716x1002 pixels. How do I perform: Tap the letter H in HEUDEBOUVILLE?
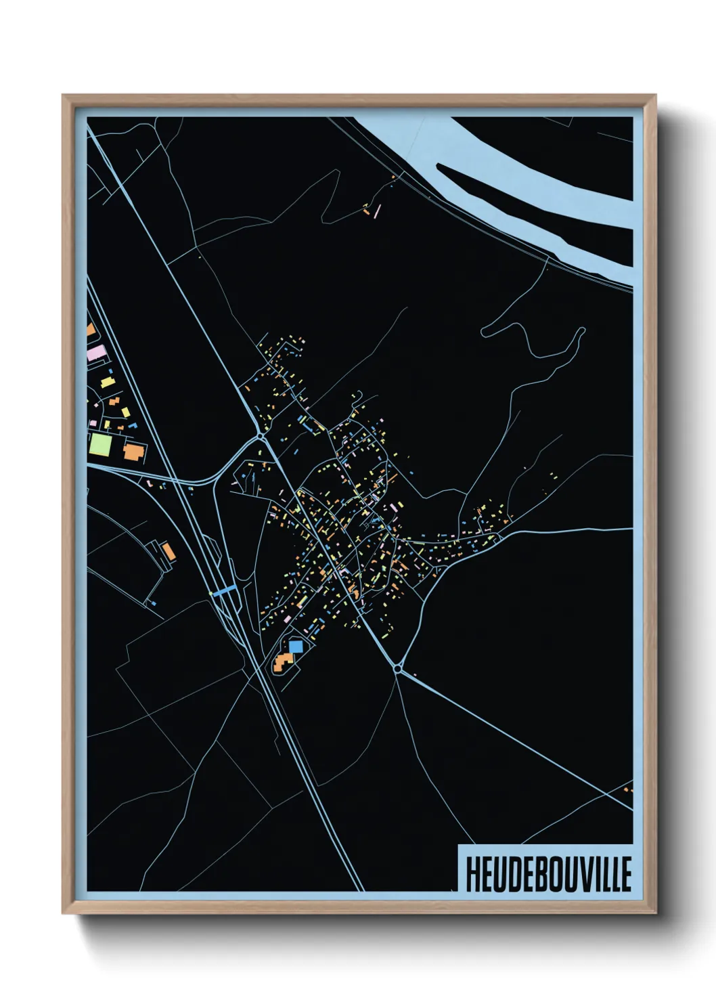[x=472, y=874]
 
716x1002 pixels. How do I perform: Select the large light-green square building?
[x=100, y=445]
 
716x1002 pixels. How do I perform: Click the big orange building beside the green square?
[x=134, y=452]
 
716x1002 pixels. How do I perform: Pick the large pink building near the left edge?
[x=97, y=353]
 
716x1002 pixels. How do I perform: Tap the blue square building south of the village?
[x=296, y=646]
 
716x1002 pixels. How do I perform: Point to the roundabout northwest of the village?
[x=261, y=437]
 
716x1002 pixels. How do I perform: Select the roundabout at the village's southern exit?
[x=398, y=669]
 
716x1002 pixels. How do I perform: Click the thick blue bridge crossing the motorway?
[x=224, y=590]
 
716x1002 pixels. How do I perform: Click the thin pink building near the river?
[x=377, y=211]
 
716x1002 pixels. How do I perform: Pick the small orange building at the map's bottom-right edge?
[x=627, y=789]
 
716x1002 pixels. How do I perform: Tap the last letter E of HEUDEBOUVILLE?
[x=626, y=874]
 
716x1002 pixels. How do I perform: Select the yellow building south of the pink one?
[x=107, y=383]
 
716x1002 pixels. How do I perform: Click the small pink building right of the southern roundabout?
[x=414, y=674]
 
